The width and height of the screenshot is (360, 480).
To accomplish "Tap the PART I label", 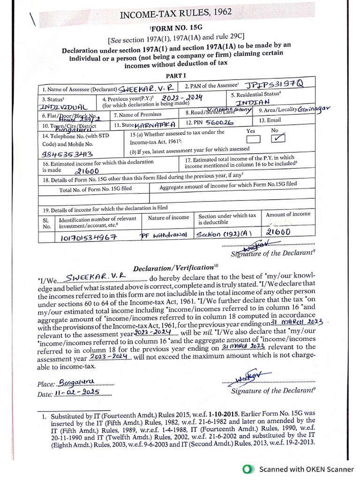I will pyautogui.click(x=176, y=75).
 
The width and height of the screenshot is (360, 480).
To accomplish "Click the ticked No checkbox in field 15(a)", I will pyautogui.click(x=278, y=138).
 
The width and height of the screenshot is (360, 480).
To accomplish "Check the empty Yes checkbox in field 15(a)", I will pyautogui.click(x=254, y=139).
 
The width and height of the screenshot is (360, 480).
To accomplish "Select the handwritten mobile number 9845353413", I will pyautogui.click(x=68, y=154).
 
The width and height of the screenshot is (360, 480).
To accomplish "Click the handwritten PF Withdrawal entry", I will pyautogui.click(x=164, y=234).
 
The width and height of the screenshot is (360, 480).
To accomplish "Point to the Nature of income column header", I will pyautogui.click(x=168, y=217).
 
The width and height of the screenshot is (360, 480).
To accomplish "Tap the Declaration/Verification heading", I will pyautogui.click(x=173, y=268).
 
